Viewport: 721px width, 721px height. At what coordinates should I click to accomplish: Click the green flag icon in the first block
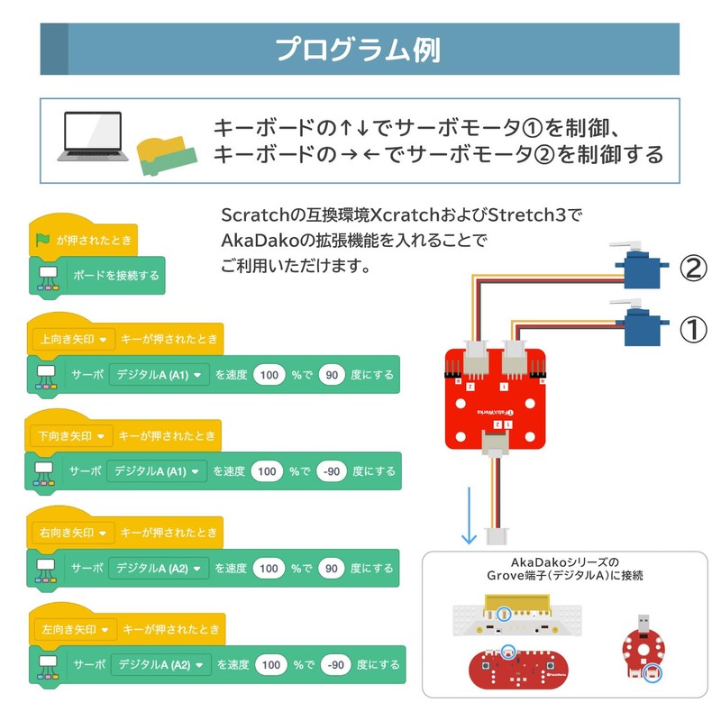click(x=42, y=240)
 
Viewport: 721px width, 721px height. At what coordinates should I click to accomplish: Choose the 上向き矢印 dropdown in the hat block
click(x=71, y=340)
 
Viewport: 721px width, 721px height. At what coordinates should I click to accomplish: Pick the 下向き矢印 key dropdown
click(x=71, y=436)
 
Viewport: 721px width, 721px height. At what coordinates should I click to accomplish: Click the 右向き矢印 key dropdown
click(x=72, y=533)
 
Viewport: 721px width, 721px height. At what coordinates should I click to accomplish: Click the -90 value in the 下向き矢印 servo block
click(x=332, y=471)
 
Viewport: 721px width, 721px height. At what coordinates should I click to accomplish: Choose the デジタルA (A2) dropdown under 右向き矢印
click(x=159, y=569)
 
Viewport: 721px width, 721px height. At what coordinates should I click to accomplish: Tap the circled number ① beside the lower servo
click(x=691, y=330)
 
